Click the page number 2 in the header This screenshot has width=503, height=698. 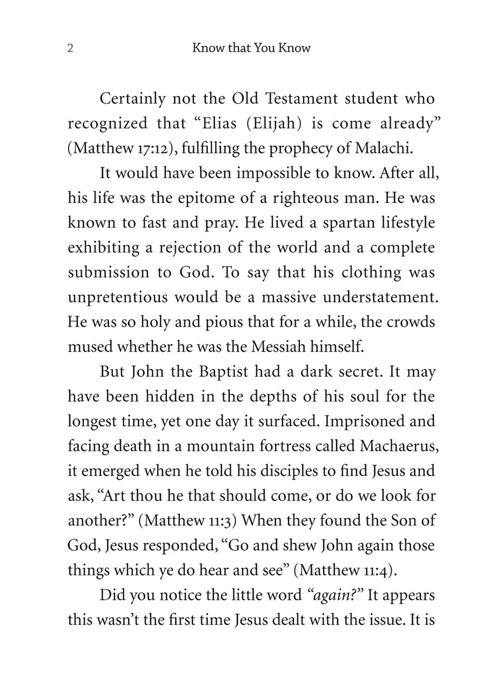point(70,49)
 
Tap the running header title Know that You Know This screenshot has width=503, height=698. point(251,48)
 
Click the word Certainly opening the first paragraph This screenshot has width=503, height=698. point(133,100)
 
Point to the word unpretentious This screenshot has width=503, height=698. point(117,298)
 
